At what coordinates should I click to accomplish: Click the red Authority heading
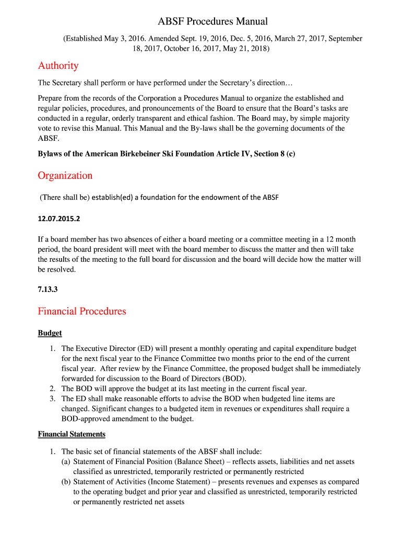click(58, 66)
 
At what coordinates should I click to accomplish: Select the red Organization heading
click(65, 176)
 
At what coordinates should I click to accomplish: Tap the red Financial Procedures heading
click(81, 311)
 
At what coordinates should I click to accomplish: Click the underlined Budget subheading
click(50, 333)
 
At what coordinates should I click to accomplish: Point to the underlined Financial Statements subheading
click(72, 434)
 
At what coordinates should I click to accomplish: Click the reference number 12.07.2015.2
click(59, 219)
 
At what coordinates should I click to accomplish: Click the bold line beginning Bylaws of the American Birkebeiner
click(166, 154)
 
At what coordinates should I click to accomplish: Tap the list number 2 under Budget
click(53, 389)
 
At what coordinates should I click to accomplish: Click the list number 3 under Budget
click(53, 398)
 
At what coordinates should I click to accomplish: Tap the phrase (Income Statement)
click(200, 482)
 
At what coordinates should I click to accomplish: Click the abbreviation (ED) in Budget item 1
click(146, 348)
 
